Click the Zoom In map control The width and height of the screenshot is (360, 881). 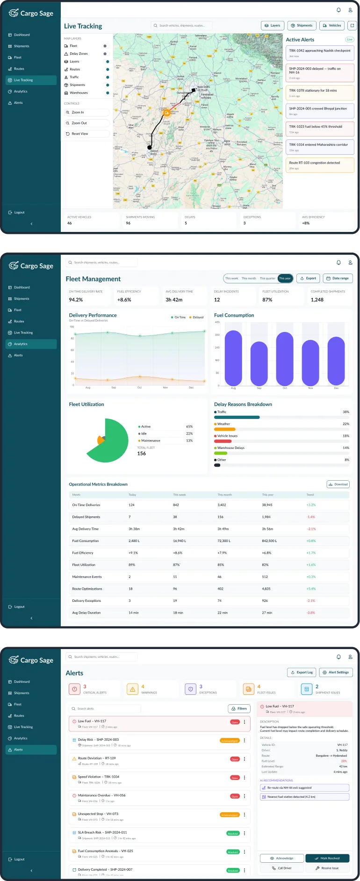(86, 113)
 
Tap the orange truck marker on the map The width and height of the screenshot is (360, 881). (166, 113)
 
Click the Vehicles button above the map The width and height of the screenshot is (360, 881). (332, 26)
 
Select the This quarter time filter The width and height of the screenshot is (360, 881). (267, 278)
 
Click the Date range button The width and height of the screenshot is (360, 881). (338, 278)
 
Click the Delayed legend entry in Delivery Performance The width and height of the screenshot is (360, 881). (196, 317)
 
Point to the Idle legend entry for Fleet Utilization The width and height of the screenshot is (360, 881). (144, 433)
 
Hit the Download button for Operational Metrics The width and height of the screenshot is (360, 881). (338, 484)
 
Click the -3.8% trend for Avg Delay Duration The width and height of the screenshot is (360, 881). (310, 613)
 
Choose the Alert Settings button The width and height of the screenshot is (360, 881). (336, 672)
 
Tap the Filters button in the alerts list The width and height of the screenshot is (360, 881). (239, 708)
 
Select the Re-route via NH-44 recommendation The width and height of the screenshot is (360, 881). (304, 788)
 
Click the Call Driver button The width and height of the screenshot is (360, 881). (282, 868)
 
